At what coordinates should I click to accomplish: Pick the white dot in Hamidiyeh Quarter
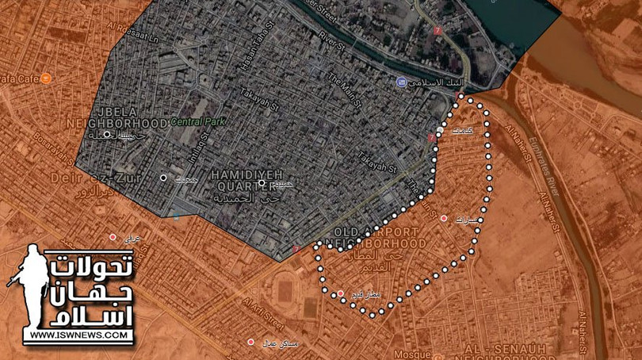[262, 183]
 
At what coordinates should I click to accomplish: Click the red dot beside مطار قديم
[341, 294]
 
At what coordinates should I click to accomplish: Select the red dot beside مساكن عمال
[250, 342]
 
